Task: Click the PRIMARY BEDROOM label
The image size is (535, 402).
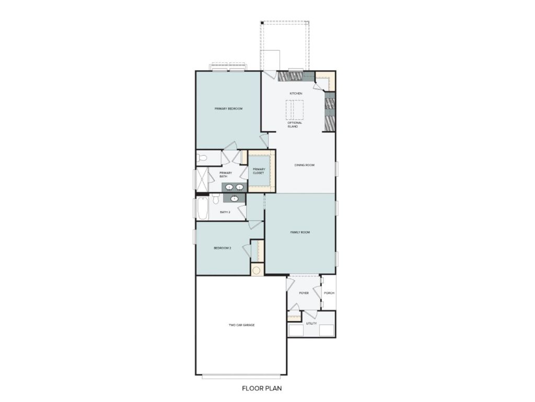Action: coord(228,108)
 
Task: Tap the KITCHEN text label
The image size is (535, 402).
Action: coord(296,93)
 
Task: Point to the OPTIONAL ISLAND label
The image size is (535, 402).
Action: coord(295,125)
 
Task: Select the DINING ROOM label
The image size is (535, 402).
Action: coord(304,165)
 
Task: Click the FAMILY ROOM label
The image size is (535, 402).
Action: coord(300,232)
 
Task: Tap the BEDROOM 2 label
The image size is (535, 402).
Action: coord(222,248)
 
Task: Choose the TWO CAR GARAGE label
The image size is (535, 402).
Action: coord(241,325)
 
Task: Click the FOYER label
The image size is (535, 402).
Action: coord(304,293)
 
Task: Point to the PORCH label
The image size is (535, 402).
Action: coord(329,293)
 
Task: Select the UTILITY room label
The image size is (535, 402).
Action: coord(311,323)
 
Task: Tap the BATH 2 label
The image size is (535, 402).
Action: coord(225,212)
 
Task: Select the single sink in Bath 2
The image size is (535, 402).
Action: coord(235,198)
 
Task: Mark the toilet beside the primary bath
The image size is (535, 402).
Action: coord(202,157)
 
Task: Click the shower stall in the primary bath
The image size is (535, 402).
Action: coord(202,180)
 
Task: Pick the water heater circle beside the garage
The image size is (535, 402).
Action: coord(257,270)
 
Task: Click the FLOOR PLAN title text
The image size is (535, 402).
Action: coord(262,388)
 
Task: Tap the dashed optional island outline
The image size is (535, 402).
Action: coord(294,109)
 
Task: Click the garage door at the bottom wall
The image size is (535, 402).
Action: coord(241,375)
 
